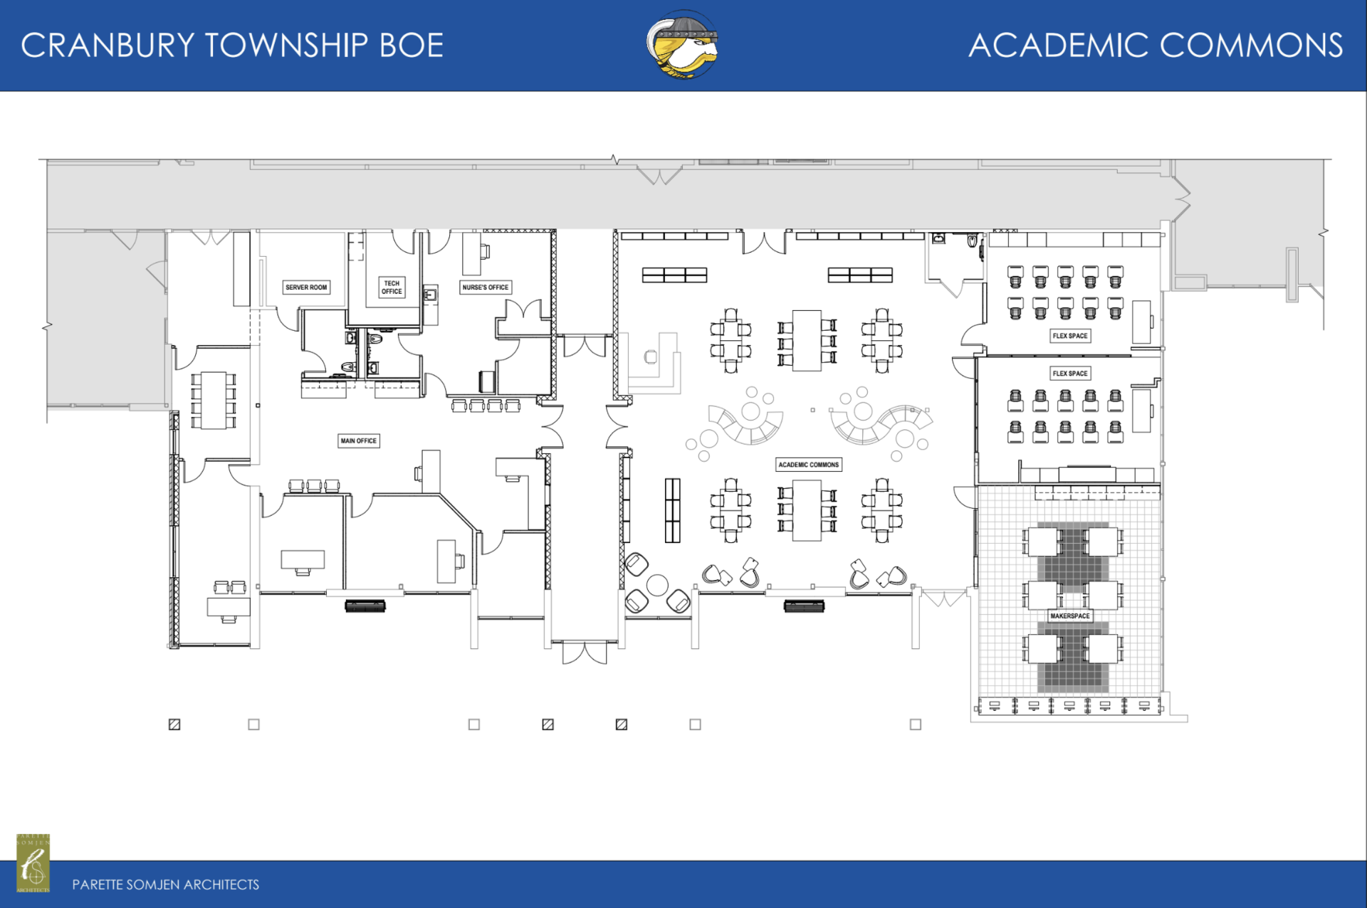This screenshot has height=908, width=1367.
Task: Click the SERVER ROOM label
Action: pyautogui.click(x=306, y=287)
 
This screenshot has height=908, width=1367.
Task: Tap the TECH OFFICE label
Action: pyautogui.click(x=392, y=287)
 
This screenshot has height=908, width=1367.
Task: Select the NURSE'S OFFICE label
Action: pyautogui.click(x=486, y=287)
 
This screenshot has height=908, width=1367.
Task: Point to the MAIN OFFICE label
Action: pyautogui.click(x=358, y=441)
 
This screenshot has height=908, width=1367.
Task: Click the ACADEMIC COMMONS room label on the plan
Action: pyautogui.click(x=808, y=465)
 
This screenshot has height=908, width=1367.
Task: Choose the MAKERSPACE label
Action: pyautogui.click(x=1069, y=616)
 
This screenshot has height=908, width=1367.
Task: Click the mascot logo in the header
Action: pyautogui.click(x=682, y=44)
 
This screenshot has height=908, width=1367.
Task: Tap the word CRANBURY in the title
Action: pyautogui.click(x=108, y=46)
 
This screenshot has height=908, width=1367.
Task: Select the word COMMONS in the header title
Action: pyautogui.click(x=1251, y=46)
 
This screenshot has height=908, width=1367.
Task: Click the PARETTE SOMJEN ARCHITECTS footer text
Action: pyautogui.click(x=166, y=885)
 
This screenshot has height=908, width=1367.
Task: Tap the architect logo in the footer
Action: pyautogui.click(x=33, y=862)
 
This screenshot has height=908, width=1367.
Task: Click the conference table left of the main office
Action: pyautogui.click(x=213, y=400)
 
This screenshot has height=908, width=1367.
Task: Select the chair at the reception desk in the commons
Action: pyautogui.click(x=651, y=357)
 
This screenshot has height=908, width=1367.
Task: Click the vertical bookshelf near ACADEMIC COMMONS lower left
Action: pyautogui.click(x=672, y=510)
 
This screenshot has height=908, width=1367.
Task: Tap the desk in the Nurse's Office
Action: pyautogui.click(x=471, y=253)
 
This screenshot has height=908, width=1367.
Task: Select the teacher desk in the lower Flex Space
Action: pyautogui.click(x=1141, y=410)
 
